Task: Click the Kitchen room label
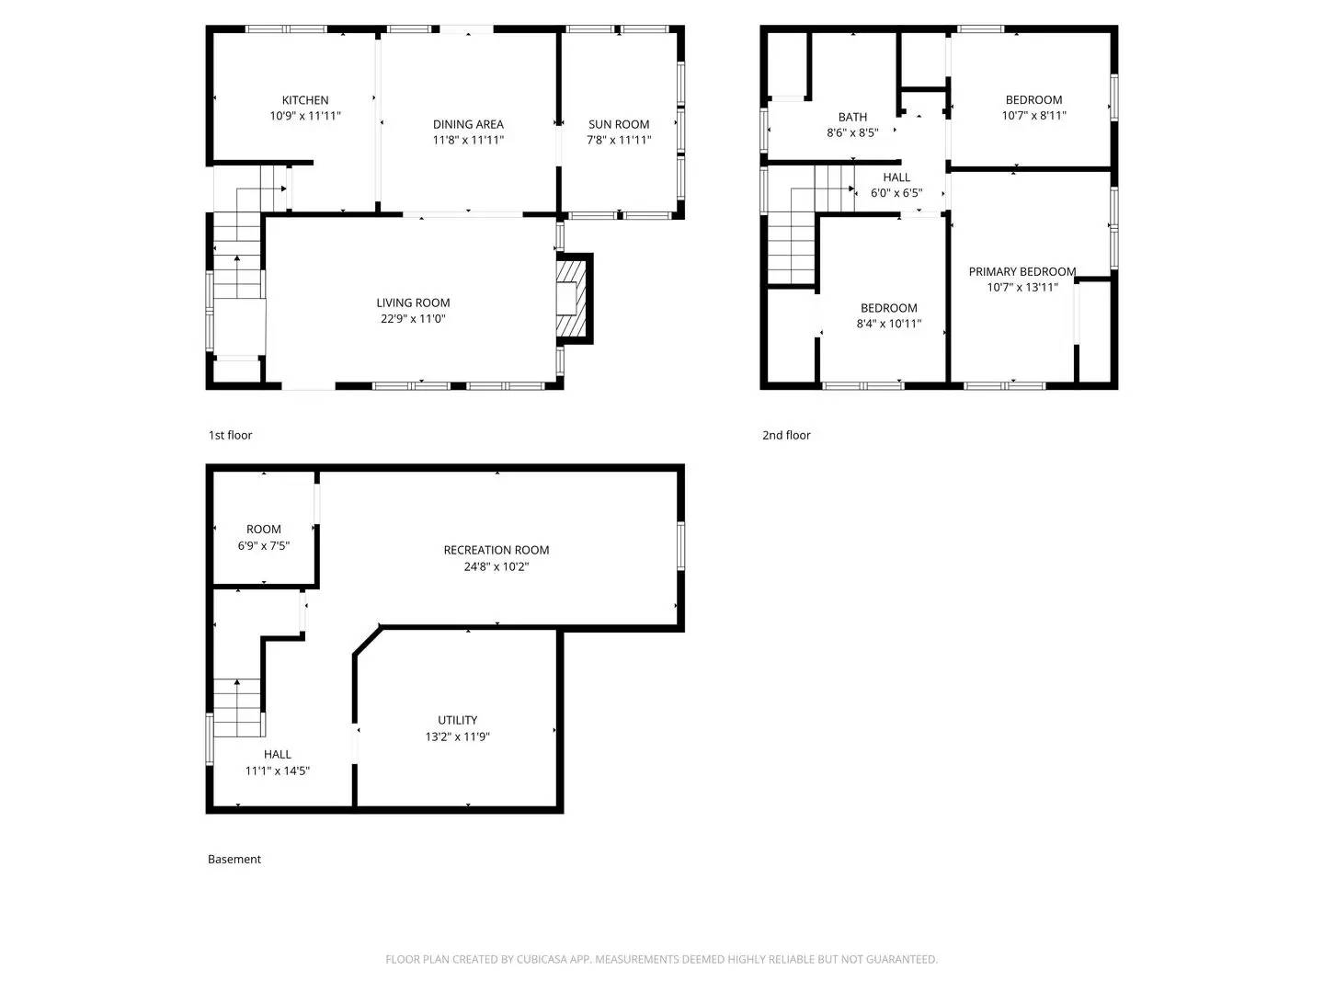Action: [x=304, y=100]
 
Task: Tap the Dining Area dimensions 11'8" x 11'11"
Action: [x=468, y=140]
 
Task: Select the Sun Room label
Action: [x=619, y=124]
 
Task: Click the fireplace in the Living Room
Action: [x=573, y=300]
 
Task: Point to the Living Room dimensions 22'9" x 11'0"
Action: [x=413, y=319]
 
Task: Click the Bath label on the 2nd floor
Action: [x=852, y=117]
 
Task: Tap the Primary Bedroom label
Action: [x=1022, y=271]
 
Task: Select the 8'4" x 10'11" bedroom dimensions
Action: [x=888, y=324]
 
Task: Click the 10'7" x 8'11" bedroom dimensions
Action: [x=1033, y=116]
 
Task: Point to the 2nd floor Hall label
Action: [x=896, y=177]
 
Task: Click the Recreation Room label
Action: [x=496, y=550]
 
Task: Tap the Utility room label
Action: [x=457, y=720]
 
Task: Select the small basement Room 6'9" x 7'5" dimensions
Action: [x=263, y=545]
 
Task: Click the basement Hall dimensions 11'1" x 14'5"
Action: [x=277, y=770]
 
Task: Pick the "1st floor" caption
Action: [x=230, y=435]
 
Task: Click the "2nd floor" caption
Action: [x=786, y=435]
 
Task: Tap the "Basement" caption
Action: [x=234, y=859]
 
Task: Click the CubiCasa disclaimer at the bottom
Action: [x=661, y=959]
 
